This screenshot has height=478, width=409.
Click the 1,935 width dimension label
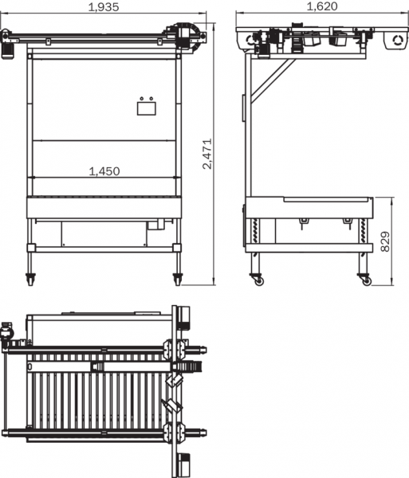point(104,7)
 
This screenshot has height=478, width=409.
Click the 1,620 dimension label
point(322,6)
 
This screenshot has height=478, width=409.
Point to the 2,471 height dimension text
point(207,154)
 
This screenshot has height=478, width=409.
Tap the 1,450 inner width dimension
point(104,171)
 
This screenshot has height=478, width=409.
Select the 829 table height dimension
point(386,241)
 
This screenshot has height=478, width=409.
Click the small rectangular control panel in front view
point(147,108)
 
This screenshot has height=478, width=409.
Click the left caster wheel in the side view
point(258,280)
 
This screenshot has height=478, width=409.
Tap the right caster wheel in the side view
point(365,280)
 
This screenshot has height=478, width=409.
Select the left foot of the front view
point(29,280)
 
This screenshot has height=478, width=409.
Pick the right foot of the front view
point(177,280)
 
